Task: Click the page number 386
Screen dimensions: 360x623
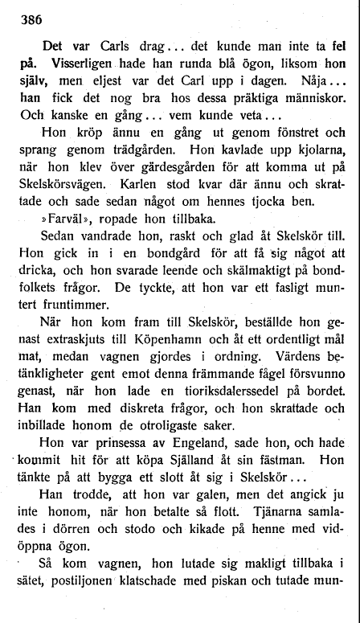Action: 30,15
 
